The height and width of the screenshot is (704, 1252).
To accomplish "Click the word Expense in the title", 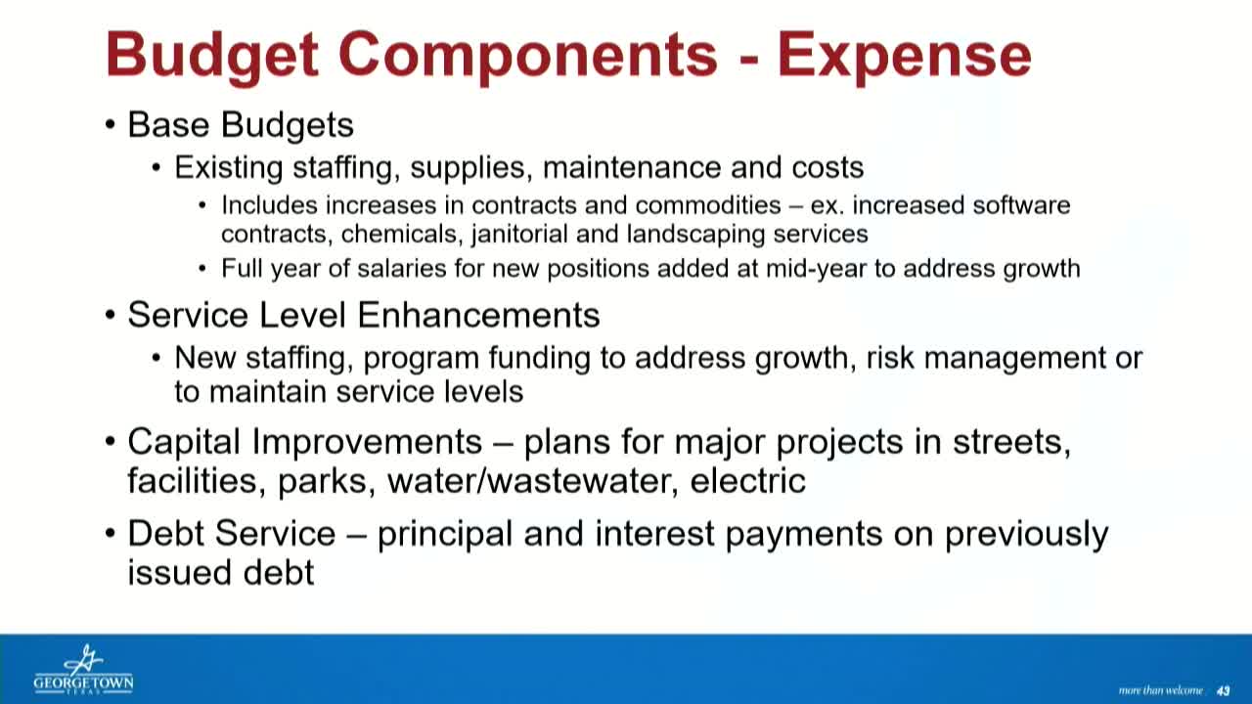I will pos(904,55).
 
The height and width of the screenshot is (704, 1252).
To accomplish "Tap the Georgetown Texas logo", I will pos(83,670).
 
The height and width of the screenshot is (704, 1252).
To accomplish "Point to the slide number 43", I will pos(1223,690).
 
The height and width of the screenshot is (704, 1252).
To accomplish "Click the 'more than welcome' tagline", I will pos(1160,690).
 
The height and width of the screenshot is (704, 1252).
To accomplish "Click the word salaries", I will pos(407,269).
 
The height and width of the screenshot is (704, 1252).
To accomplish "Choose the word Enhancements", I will pos(478,315).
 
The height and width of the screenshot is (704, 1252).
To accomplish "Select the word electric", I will pos(747,480).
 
